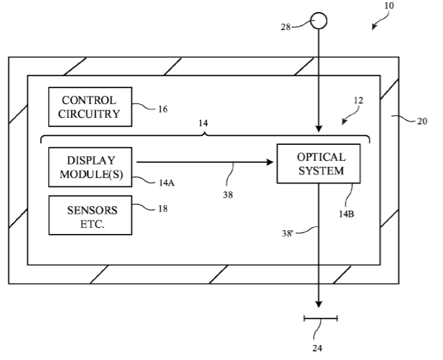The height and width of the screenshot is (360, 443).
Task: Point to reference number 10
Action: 389,5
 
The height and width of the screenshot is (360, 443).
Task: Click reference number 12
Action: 358,100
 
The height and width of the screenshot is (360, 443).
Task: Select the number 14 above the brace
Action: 203,123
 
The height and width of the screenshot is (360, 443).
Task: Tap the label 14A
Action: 166,183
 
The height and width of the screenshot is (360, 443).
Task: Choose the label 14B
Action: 346,214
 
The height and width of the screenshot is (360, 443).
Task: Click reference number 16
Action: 163,109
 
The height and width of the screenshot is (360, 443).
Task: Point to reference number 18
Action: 163,209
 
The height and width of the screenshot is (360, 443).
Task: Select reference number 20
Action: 422,122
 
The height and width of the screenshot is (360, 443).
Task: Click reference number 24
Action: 317,348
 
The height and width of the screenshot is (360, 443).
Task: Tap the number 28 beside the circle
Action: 285,27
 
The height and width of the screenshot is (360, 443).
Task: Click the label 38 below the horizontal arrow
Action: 228,195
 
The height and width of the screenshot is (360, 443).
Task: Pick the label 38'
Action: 288,233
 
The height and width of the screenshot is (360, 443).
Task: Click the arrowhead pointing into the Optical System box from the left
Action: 270,162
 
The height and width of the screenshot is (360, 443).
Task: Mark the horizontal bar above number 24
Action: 321,318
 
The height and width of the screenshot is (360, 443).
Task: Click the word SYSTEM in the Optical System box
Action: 321,171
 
